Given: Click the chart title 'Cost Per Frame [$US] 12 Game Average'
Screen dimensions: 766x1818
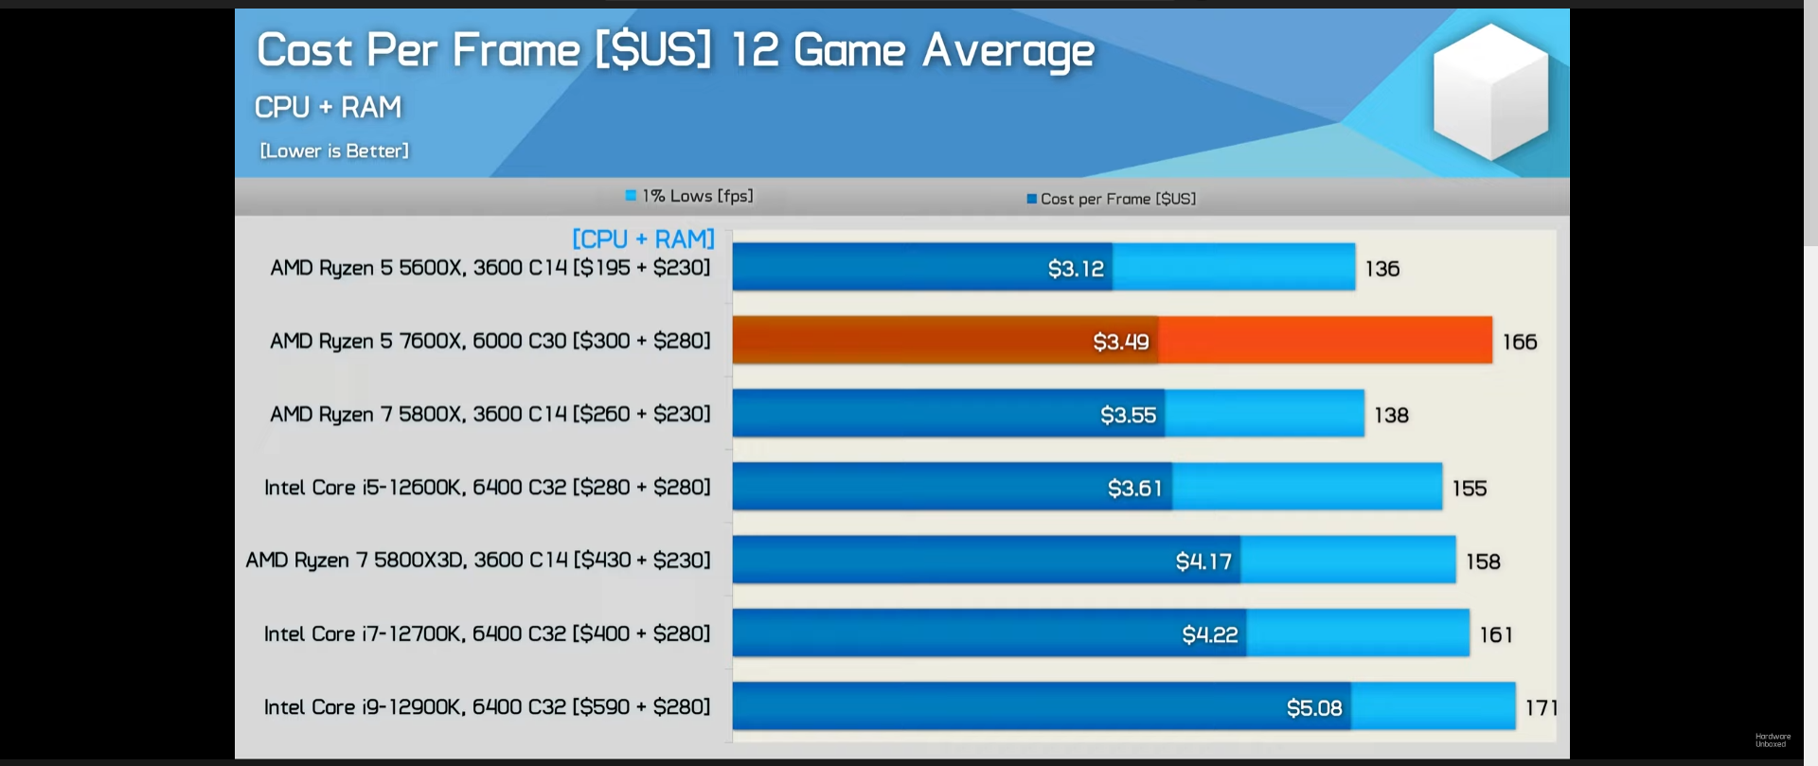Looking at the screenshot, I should coord(674,50).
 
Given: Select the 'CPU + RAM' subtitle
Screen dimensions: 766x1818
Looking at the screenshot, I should coord(328,107).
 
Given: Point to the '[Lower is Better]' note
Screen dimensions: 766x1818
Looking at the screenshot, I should coord(334,151).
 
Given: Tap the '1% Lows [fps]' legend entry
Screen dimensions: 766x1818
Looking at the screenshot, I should coord(689,196).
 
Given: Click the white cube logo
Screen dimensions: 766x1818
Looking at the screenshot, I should coord(1489,92).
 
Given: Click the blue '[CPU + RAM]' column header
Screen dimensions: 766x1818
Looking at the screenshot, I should coord(643,239).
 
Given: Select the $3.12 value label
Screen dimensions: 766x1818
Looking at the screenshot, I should coord(1076,269).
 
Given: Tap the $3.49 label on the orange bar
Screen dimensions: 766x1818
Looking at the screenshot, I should coord(1121,342).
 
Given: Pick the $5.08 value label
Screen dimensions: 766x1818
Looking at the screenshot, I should coord(1314,708).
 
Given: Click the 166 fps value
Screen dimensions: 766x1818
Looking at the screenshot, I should coord(1519,342).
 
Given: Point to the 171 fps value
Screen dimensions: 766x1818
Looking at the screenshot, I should coord(1542,707).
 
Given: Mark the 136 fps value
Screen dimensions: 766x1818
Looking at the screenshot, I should coord(1381,269).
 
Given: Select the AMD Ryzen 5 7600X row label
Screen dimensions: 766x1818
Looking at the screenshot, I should coord(490,341).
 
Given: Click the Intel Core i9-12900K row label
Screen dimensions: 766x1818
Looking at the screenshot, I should coord(487,707).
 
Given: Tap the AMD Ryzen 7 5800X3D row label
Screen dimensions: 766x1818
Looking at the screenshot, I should coord(477,561).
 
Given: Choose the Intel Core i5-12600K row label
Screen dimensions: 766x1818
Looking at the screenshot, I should coord(487,488).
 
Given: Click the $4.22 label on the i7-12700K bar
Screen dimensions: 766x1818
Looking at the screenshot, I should coord(1209,634).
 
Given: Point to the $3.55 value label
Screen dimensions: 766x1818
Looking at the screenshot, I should coord(1128,415).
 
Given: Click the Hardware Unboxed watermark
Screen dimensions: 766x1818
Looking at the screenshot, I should coord(1773,739).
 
